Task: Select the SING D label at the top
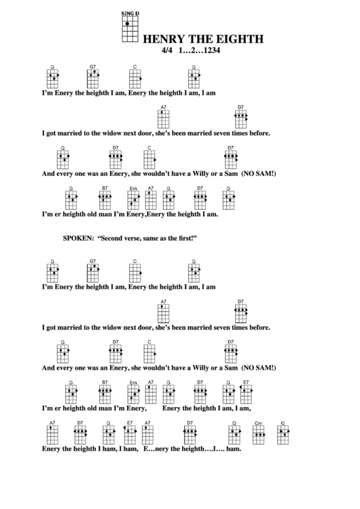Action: [x=128, y=14]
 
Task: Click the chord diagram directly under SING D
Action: [x=128, y=30]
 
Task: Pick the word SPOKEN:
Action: [x=78, y=239]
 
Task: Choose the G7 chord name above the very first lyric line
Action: [x=93, y=66]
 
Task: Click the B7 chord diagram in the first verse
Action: [x=105, y=198]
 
